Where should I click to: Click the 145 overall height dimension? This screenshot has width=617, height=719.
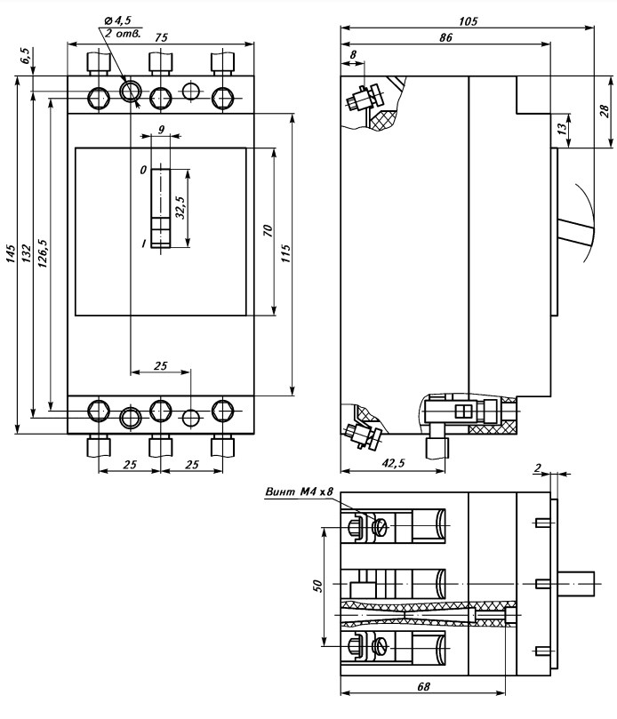click(11, 253)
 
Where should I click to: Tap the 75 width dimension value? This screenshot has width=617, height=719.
click(161, 37)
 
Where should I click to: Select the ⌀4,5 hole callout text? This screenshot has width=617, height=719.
click(118, 20)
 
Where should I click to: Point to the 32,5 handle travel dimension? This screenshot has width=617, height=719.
click(180, 208)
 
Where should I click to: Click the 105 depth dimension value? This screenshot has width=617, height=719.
click(468, 21)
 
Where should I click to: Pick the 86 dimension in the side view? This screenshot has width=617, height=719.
click(445, 37)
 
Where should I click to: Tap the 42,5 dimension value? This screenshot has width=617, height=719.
click(394, 463)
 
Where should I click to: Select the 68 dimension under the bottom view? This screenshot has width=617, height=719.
click(424, 686)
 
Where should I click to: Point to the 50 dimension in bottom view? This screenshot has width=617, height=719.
click(317, 586)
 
